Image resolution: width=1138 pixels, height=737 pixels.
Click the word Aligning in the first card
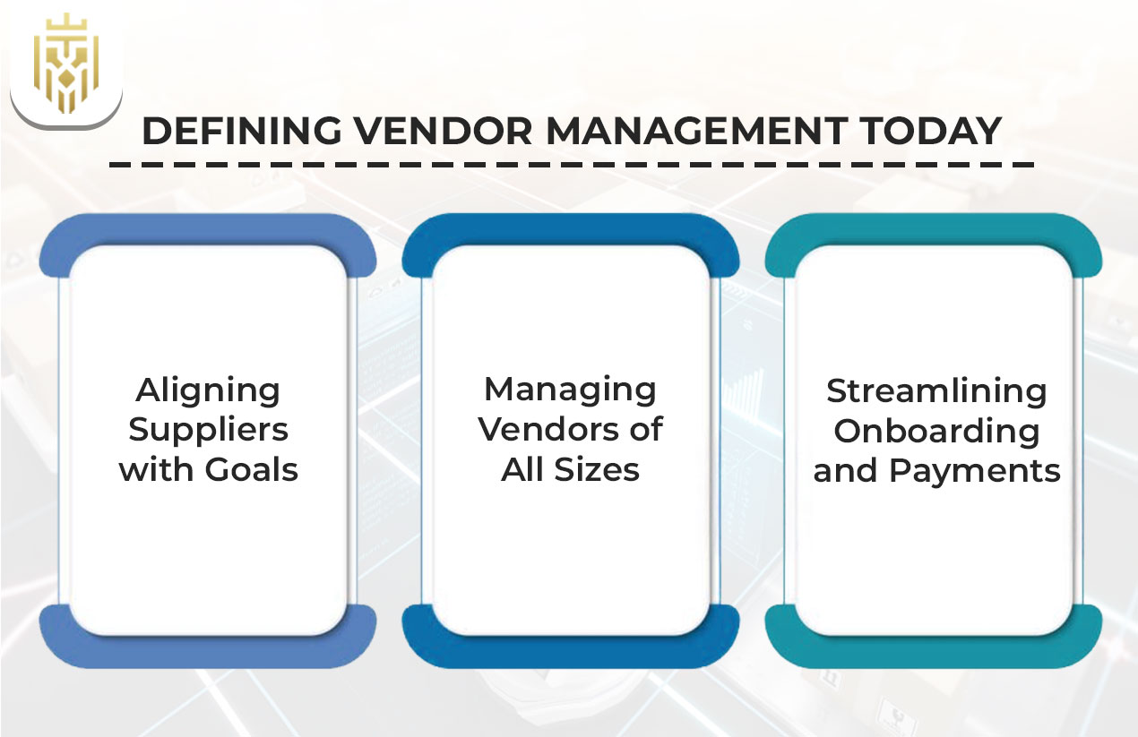pyautogui.click(x=209, y=390)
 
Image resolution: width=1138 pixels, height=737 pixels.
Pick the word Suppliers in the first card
pyautogui.click(x=209, y=430)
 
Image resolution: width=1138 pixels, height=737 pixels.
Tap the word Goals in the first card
pyautogui.click(x=254, y=469)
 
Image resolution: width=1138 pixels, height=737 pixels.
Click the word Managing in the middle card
pyautogui.click(x=570, y=390)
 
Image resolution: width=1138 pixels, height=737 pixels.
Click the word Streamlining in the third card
pyautogui.click(x=936, y=391)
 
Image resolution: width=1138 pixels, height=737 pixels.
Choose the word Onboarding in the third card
pyautogui.click(x=936, y=431)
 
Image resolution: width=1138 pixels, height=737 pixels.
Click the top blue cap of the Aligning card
pyautogui.click(x=208, y=229)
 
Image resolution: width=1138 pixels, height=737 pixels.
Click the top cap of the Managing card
pyautogui.click(x=571, y=229)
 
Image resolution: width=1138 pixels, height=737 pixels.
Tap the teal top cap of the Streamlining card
pyautogui.click(x=934, y=229)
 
